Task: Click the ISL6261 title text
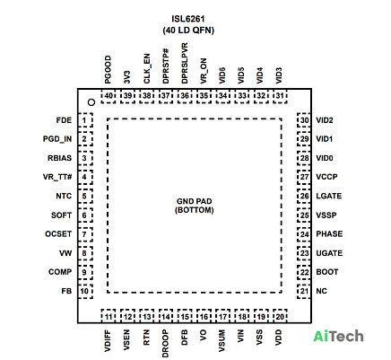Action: (x=188, y=19)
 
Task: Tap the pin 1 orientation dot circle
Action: (x=91, y=102)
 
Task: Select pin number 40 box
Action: (x=109, y=96)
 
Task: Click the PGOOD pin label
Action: (x=108, y=69)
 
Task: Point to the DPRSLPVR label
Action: (x=185, y=63)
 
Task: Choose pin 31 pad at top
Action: (x=280, y=96)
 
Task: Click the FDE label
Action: (x=64, y=120)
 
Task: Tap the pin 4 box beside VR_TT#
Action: (x=85, y=177)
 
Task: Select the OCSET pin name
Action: (x=58, y=233)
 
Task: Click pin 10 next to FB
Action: (x=85, y=291)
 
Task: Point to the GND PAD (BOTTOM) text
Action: (x=195, y=206)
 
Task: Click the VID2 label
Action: (x=325, y=120)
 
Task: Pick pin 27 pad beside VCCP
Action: (x=304, y=177)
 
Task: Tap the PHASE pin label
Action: (x=329, y=233)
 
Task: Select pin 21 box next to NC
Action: (x=304, y=291)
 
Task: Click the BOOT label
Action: (x=327, y=272)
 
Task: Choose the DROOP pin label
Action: (x=165, y=344)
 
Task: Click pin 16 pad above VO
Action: (x=204, y=316)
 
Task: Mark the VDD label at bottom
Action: (x=278, y=338)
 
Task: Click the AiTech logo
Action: (x=338, y=337)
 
